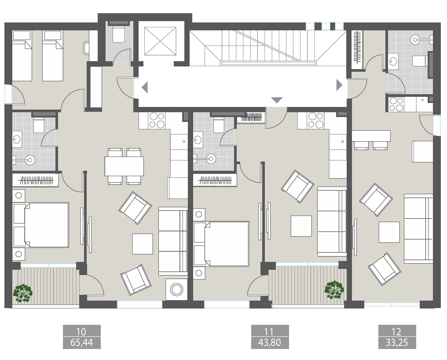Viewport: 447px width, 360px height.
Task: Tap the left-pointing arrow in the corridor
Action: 144,87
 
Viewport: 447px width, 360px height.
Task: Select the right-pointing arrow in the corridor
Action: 339,85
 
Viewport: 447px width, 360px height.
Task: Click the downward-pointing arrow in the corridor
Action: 276,100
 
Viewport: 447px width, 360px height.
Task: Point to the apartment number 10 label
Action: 82,331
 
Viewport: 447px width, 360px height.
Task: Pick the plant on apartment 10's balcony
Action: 22,292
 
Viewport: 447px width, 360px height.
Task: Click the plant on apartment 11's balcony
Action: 333,289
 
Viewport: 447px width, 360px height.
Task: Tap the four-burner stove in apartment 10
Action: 157,121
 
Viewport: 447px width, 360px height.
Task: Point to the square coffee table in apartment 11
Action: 301,226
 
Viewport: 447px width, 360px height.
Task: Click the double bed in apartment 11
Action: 221,244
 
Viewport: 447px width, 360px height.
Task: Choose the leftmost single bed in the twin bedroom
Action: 22,55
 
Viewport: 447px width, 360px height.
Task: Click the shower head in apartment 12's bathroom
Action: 415,39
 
